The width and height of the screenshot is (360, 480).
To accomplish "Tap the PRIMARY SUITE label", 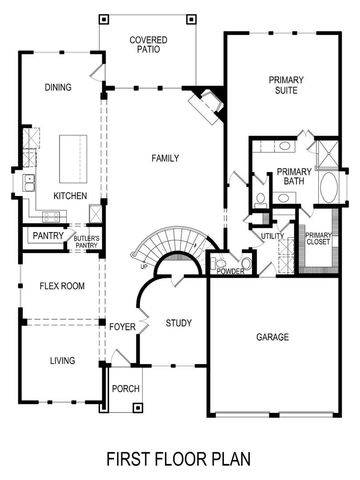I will click(x=291, y=86).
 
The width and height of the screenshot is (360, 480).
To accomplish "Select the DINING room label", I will click(x=58, y=87).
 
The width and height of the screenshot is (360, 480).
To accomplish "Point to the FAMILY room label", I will click(x=165, y=159).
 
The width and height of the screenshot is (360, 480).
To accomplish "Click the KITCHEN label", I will click(x=70, y=196).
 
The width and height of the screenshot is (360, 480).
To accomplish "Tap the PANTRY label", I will click(x=48, y=236).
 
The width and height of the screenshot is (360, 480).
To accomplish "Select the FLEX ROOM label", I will click(x=61, y=286).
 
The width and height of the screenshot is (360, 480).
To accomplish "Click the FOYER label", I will click(x=123, y=326).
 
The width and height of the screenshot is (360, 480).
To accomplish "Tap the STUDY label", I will click(x=179, y=323).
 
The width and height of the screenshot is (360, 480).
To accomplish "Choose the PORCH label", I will click(x=125, y=389).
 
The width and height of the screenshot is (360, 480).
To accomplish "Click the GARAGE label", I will click(x=273, y=337).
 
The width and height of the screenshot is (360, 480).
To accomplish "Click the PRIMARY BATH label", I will click(x=295, y=176).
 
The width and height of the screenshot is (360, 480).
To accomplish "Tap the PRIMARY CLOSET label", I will click(x=319, y=239).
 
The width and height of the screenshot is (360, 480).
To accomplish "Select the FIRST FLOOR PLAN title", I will click(x=179, y=459).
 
